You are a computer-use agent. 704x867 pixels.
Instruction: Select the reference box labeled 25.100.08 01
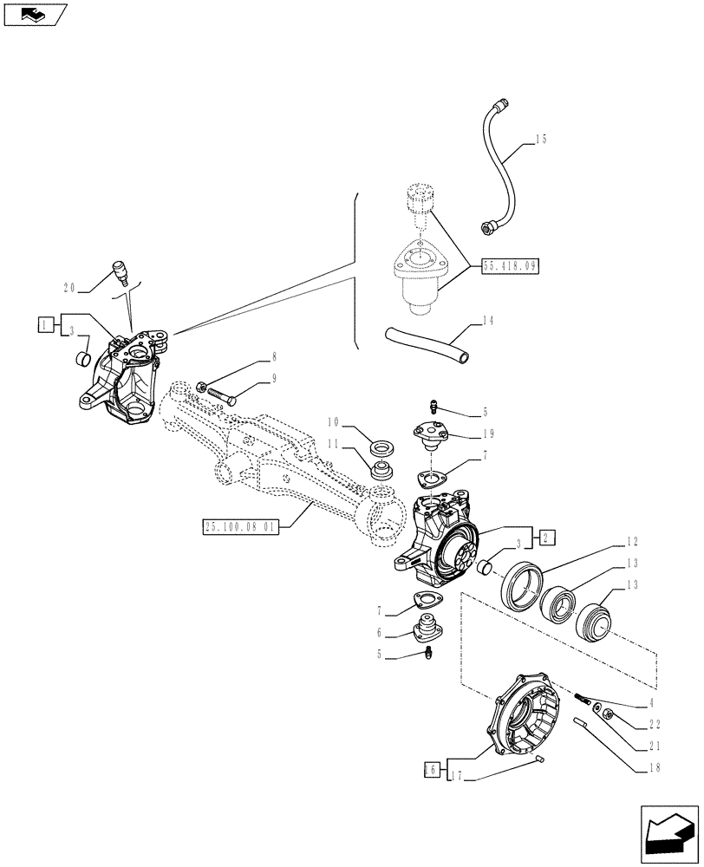point(239,526)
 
